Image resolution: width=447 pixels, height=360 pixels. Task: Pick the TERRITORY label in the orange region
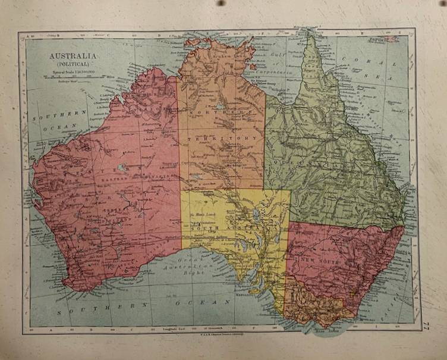221,138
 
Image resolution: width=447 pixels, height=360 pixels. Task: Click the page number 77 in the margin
426,324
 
